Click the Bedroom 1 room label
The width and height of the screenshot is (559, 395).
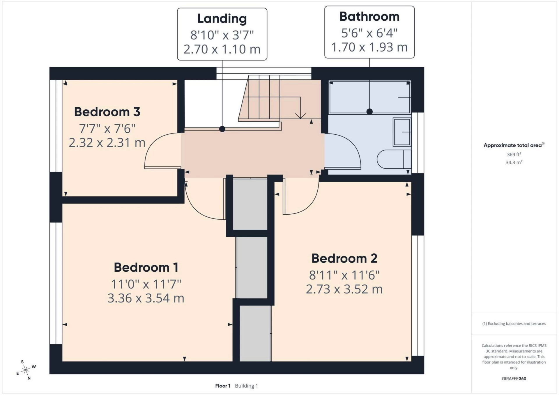146,267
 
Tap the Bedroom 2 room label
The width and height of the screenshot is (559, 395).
344,258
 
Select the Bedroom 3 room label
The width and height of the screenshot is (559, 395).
107,112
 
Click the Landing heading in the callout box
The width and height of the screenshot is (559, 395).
222,19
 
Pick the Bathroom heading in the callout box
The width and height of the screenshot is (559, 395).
369,17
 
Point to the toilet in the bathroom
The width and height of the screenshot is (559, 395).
394,159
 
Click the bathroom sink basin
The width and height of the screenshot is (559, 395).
402,132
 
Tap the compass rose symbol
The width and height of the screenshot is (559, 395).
26,370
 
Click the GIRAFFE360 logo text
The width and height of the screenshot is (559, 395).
514,379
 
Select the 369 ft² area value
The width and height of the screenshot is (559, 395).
514,154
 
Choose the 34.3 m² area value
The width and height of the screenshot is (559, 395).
514,162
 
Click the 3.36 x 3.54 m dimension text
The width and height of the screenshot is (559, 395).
146,298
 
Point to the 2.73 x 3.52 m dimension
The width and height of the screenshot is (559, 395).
344,289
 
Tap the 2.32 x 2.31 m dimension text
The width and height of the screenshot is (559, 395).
107,143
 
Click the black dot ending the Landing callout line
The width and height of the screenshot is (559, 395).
222,129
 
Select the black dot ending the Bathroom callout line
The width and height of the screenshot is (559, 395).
369,111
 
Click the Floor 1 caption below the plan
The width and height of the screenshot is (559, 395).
223,386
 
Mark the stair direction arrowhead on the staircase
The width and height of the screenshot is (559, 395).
300,116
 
